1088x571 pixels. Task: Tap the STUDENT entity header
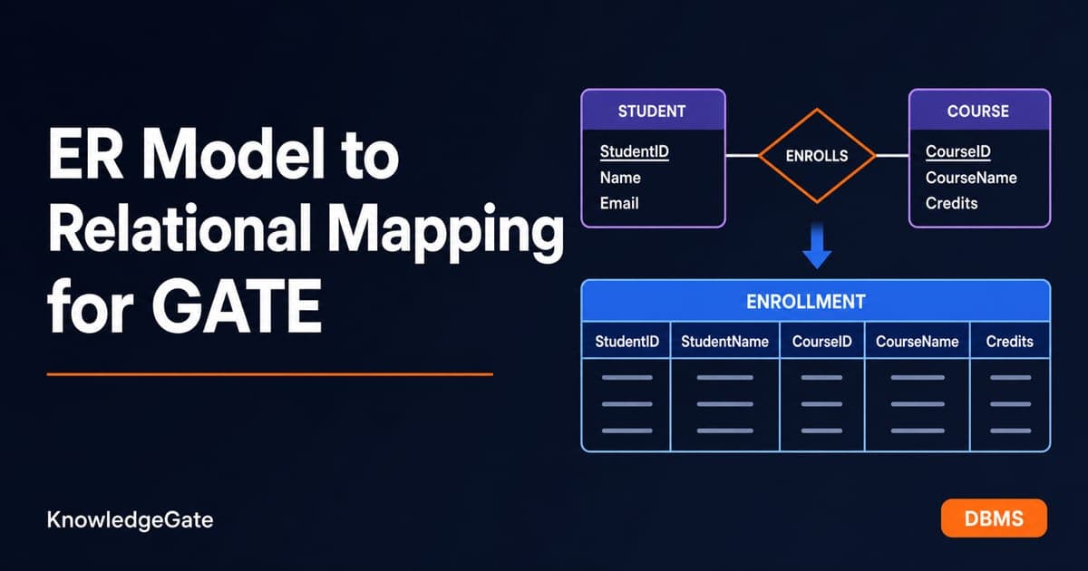coord(652,111)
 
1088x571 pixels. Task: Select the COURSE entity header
coord(978,111)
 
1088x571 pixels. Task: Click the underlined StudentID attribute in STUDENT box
coord(635,152)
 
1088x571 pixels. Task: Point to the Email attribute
coord(619,203)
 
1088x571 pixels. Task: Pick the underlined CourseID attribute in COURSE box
coord(957,152)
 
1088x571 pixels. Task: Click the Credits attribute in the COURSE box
coord(951,203)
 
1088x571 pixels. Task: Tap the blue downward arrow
coord(817,247)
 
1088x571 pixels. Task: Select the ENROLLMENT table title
coord(806,302)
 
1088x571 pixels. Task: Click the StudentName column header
coord(724,342)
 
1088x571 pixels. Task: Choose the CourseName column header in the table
coord(917,342)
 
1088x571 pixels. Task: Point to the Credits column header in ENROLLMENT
coord(1009,342)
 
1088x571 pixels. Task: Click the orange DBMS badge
coord(994,518)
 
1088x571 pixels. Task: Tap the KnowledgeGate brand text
coord(131,520)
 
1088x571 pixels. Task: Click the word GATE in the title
coord(237,306)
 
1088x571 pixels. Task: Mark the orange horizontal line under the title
coord(270,374)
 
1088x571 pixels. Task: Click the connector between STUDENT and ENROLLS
coord(743,155)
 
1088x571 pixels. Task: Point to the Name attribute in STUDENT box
coord(620,178)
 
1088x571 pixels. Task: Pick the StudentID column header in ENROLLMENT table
coord(627,342)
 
